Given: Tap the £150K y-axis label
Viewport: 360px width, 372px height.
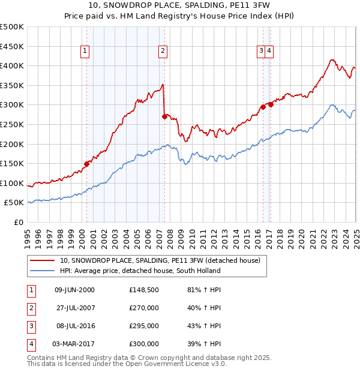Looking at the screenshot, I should click(x=13, y=163).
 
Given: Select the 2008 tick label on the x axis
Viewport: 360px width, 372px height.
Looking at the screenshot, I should click(x=170, y=235).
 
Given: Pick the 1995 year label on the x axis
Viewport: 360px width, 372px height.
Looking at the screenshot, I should click(x=28, y=235).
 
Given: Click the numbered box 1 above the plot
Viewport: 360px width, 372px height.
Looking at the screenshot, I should click(x=86, y=52).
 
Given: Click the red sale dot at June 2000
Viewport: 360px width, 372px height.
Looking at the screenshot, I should click(x=86, y=163).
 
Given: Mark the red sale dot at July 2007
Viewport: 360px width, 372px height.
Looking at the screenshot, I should click(x=164, y=116).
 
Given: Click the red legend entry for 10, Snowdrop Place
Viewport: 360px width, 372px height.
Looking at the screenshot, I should click(x=160, y=260).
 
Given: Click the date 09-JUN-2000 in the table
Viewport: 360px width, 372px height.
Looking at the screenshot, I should click(x=74, y=290).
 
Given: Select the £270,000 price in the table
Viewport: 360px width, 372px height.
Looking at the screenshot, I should click(x=144, y=308).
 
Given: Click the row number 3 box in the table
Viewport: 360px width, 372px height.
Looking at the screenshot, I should click(x=31, y=326).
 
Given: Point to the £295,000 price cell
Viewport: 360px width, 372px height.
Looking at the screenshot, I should click(x=144, y=326).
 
